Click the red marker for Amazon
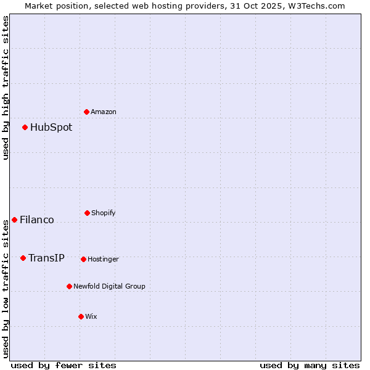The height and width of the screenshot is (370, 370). pos(86,112)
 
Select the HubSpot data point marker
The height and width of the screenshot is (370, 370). pos(25,127)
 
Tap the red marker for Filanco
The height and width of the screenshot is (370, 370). pos(14,220)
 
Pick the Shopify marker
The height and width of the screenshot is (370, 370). pos(87,213)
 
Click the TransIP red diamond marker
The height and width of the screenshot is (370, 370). pos(23,258)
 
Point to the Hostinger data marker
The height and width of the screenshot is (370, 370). pos(83,259)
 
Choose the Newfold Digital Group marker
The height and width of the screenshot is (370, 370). pos(69,286)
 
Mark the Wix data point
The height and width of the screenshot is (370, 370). pos(81,316)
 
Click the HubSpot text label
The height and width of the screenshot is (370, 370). pos(51,128)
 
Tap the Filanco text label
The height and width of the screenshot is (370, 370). pos(37,220)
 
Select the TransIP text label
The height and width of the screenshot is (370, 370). pos(46,258)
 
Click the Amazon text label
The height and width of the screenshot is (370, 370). pos(104,112)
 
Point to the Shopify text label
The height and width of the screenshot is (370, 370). pos(104,213)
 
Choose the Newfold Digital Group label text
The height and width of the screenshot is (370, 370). pos(109,287)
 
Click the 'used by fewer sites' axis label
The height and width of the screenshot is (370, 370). pos(64,365)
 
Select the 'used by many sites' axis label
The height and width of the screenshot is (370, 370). pos(310,365)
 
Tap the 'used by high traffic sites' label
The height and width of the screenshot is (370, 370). pos(6,88)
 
